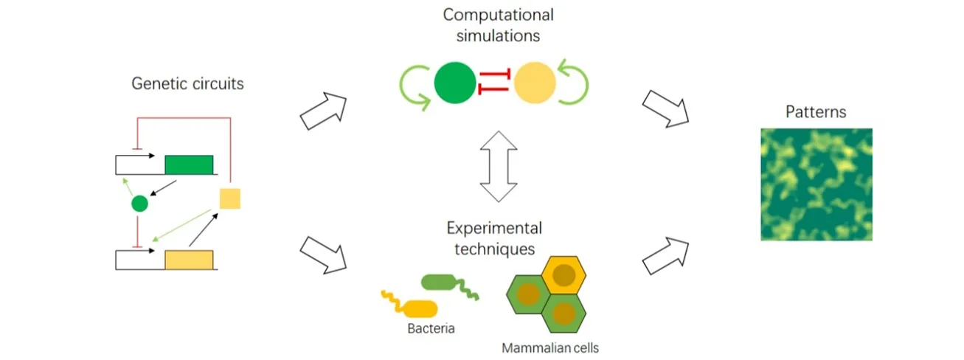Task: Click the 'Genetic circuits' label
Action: (187, 83)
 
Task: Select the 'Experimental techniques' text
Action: (493, 238)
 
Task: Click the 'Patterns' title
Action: (816, 113)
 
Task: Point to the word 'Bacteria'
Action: (431, 328)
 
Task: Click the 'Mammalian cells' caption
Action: (549, 347)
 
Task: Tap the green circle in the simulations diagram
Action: (455, 83)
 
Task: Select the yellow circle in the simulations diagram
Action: (535, 83)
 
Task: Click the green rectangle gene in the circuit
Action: (189, 164)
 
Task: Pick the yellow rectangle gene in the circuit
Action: (189, 260)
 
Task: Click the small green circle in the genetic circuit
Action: (139, 203)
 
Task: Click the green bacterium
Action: (443, 283)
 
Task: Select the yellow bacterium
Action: (417, 307)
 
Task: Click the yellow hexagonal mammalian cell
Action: (564, 276)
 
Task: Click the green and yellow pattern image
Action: (816, 184)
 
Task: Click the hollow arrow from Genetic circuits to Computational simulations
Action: (324, 111)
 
